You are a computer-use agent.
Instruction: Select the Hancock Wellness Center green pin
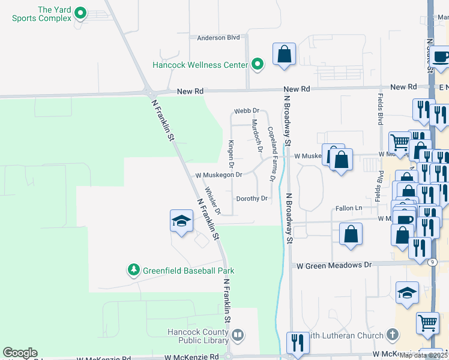[258, 64]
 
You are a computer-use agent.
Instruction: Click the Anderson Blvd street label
[218, 38]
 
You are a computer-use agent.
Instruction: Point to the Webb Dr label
[246, 111]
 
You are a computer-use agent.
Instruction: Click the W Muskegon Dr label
[218, 175]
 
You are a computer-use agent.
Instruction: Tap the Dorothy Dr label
[251, 199]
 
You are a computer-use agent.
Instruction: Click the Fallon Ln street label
[349, 208]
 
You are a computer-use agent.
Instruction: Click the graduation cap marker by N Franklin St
[181, 221]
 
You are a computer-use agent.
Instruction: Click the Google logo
[20, 353]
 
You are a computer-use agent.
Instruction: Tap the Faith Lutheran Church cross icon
[392, 334]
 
